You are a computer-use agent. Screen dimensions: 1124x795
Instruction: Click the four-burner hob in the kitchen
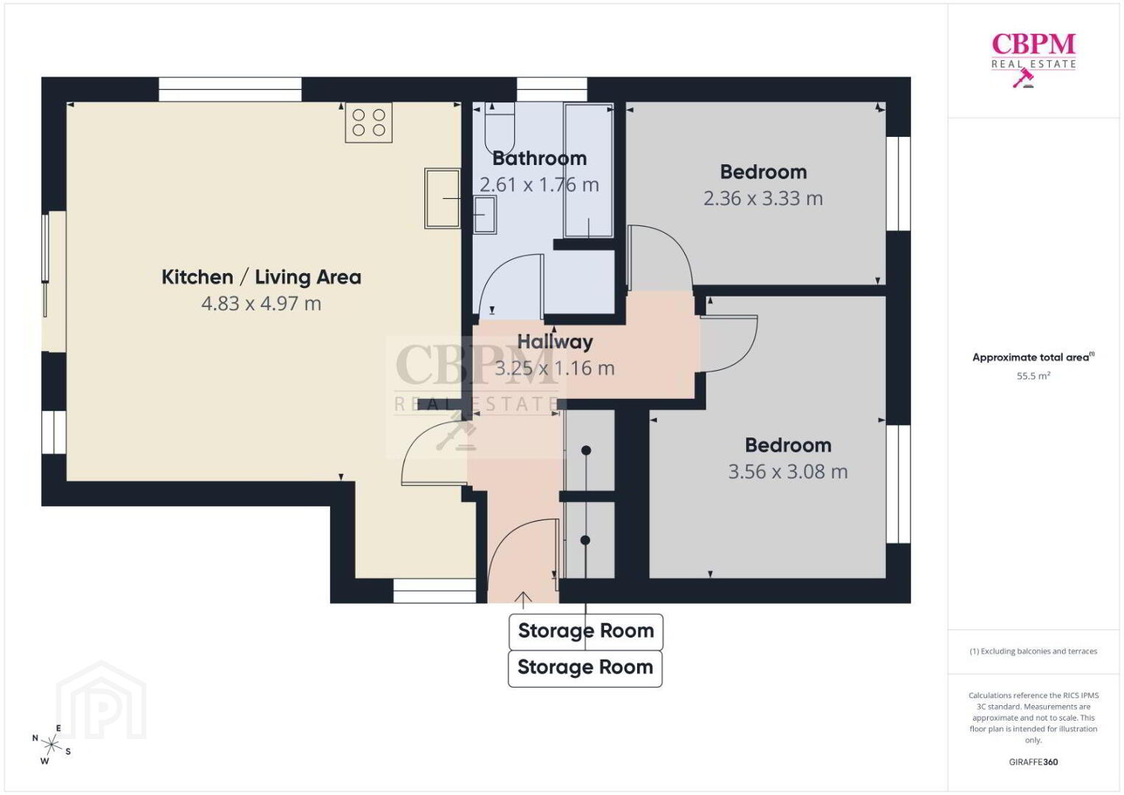click(369, 122)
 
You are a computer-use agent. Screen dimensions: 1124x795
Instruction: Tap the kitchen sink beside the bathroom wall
click(443, 198)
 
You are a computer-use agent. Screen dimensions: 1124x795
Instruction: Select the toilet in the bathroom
click(500, 128)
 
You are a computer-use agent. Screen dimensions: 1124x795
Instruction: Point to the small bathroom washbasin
click(485, 215)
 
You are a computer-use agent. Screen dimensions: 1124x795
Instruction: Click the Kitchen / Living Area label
click(261, 277)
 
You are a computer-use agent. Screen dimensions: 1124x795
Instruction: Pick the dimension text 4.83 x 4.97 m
click(261, 303)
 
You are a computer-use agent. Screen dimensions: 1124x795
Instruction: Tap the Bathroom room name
click(539, 158)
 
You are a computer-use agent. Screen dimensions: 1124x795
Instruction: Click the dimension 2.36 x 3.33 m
click(763, 199)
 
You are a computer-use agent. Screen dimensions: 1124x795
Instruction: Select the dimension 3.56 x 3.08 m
click(788, 472)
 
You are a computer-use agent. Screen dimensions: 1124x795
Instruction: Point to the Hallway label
click(555, 342)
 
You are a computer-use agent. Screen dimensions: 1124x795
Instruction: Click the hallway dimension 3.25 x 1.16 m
click(555, 368)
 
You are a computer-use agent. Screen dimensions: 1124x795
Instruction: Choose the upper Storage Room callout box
click(586, 632)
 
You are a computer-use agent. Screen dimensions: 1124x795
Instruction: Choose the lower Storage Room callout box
click(585, 668)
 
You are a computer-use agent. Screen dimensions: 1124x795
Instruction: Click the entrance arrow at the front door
click(523, 600)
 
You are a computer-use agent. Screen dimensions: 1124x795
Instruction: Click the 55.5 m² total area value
click(1033, 375)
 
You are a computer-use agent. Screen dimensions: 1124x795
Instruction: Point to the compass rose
click(51, 745)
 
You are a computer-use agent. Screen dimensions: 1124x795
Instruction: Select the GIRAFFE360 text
click(1033, 762)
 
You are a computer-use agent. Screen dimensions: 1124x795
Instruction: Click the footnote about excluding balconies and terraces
click(1033, 651)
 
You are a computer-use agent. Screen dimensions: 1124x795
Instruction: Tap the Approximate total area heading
click(1033, 357)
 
